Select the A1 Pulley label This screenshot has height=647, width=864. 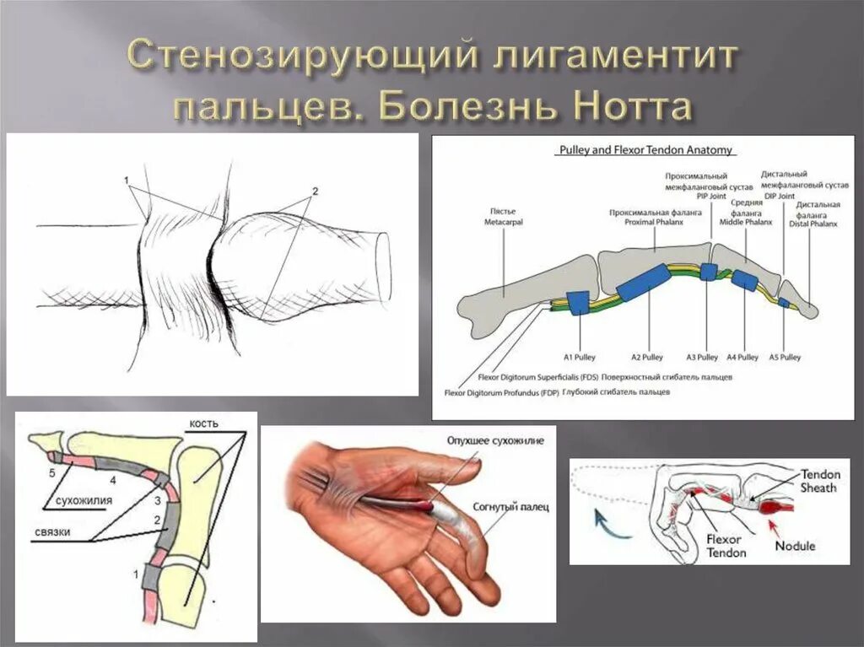[579, 357]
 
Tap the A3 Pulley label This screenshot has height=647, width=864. [702, 357]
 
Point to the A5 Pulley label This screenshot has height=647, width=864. [786, 357]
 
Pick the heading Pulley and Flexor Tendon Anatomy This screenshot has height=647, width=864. [646, 151]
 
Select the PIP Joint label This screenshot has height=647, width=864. [711, 196]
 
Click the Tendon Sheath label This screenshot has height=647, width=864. [819, 481]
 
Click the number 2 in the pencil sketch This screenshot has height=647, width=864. [314, 191]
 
